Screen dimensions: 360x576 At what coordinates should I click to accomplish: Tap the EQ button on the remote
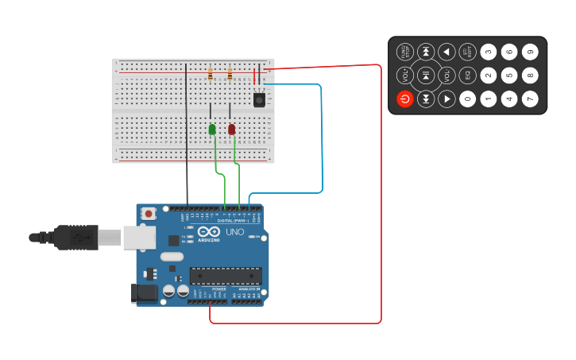point(468,75)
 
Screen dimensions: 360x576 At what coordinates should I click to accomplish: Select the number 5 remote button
point(509,75)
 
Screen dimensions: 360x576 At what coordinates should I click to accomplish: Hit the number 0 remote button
point(468,99)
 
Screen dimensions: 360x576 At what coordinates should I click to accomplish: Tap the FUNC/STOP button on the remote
point(405,52)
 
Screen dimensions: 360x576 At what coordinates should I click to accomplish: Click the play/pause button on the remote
point(426,75)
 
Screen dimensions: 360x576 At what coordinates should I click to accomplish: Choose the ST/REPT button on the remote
point(468,52)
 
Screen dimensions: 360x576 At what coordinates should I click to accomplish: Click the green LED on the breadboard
point(212,129)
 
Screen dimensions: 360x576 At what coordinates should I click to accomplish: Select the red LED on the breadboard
point(232,129)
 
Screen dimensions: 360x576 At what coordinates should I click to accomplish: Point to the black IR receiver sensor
point(259,99)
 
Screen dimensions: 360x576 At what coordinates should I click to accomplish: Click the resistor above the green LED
point(211,75)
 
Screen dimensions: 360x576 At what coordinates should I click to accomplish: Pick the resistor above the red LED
point(230,75)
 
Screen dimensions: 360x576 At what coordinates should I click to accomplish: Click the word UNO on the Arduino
point(235,232)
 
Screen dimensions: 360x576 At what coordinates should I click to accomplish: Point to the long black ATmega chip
point(226,276)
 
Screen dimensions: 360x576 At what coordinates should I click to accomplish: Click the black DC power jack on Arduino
point(144,292)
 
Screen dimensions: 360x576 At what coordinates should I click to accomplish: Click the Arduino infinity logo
point(208,231)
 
